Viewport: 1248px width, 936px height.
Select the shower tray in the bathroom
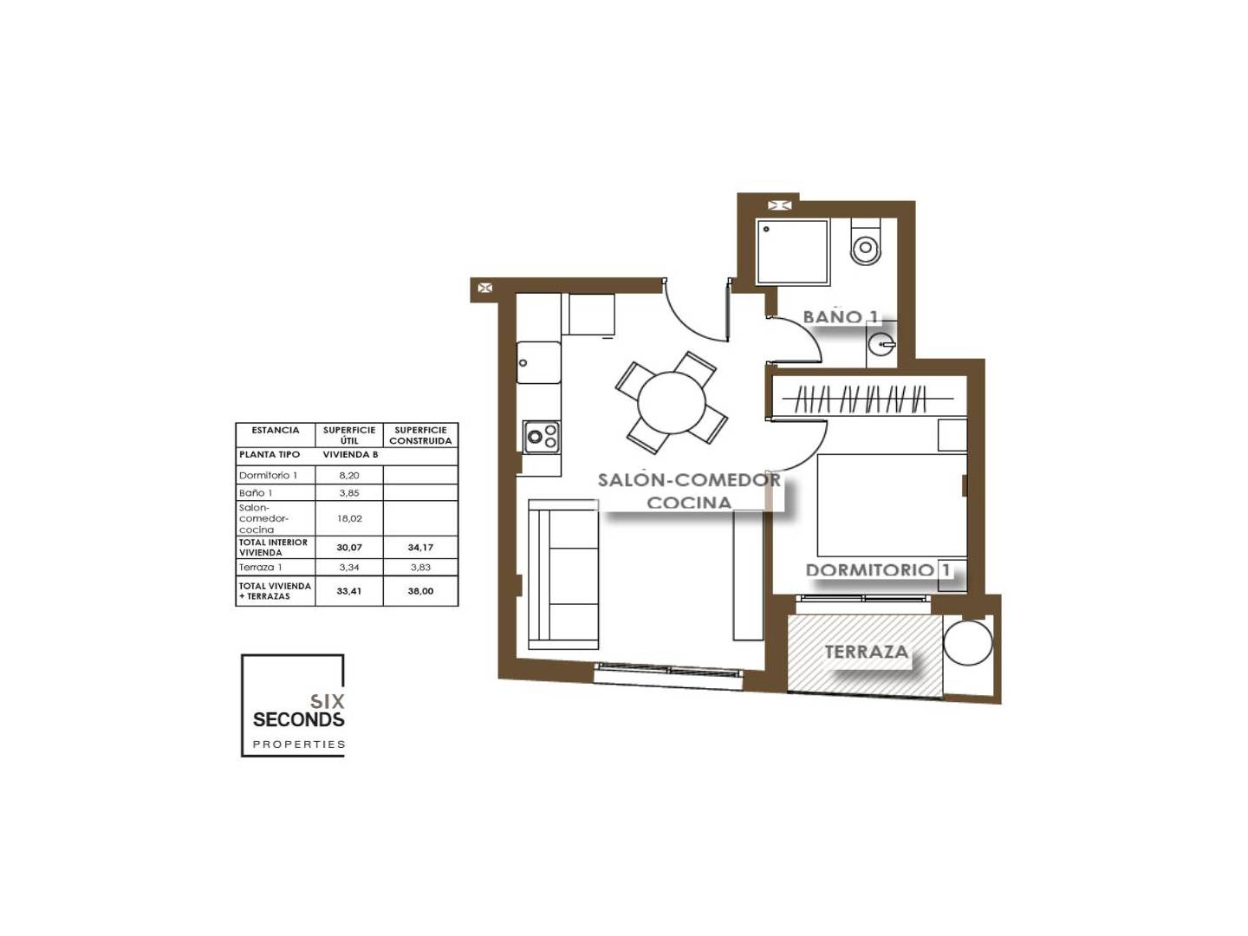tap(792, 251)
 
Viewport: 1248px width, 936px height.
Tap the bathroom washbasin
tap(881, 344)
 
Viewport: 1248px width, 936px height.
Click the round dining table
tap(672, 402)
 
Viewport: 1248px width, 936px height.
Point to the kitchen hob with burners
tap(542, 437)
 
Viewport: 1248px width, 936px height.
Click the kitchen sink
tap(538, 362)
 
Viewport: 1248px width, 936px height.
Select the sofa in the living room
tap(562, 574)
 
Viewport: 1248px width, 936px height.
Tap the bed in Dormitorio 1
tap(892, 505)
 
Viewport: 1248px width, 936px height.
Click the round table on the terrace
tap(968, 642)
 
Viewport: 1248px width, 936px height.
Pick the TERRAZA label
tap(866, 652)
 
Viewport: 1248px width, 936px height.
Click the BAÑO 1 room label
tap(841, 317)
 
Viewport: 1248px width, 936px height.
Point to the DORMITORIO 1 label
tap(878, 570)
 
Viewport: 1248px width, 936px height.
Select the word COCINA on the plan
tap(688, 503)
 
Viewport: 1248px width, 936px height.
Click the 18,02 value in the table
tap(349, 518)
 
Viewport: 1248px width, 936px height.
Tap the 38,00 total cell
tap(420, 591)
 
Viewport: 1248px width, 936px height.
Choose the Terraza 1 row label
tap(260, 567)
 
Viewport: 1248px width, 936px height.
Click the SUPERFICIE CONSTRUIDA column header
tap(420, 435)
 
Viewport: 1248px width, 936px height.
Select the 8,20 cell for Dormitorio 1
tap(349, 475)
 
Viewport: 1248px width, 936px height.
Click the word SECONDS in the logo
tap(298, 719)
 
